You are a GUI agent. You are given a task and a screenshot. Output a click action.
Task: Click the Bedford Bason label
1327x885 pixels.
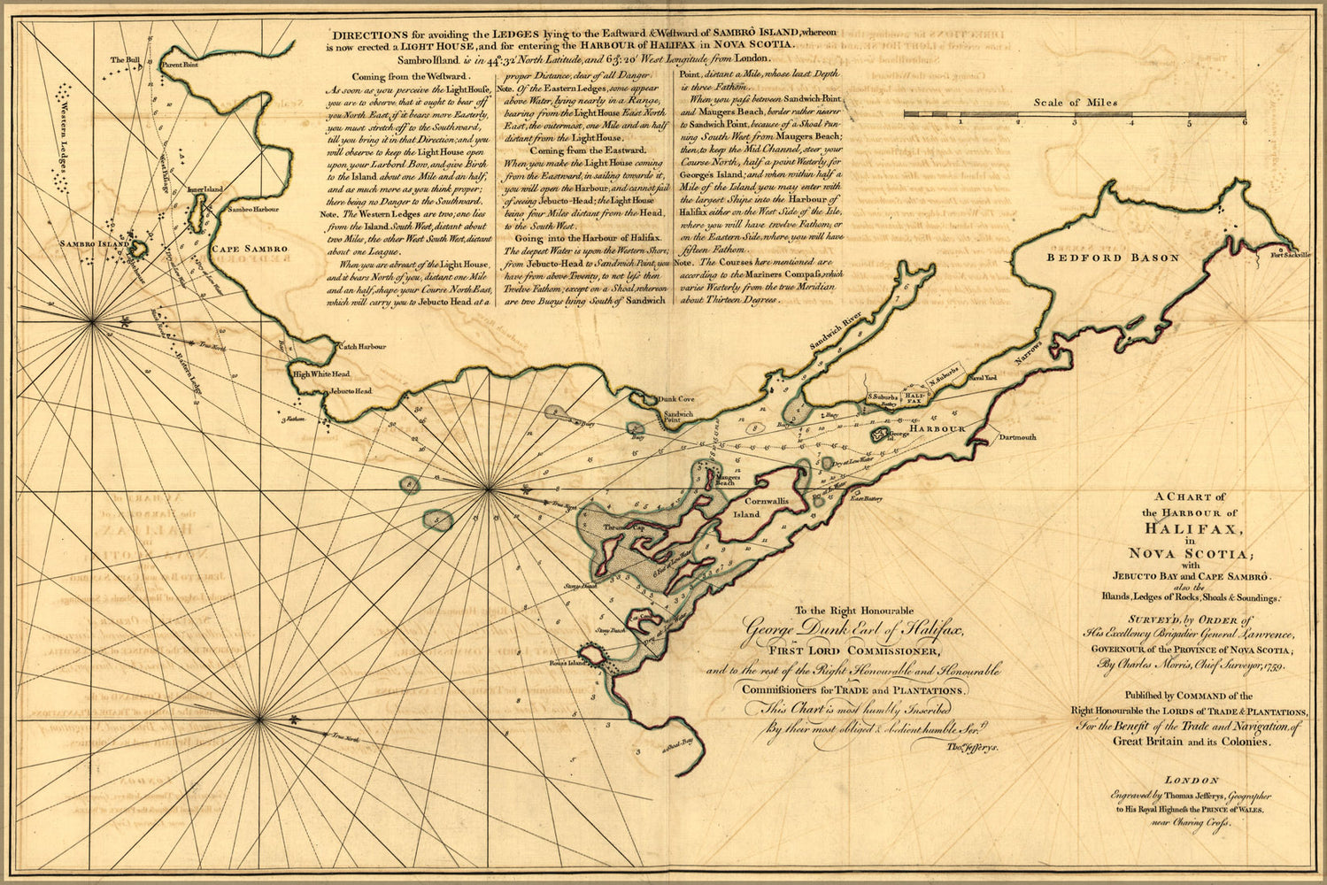coord(1113,258)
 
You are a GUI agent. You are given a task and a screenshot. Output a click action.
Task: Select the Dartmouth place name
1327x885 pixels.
coord(1017,437)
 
